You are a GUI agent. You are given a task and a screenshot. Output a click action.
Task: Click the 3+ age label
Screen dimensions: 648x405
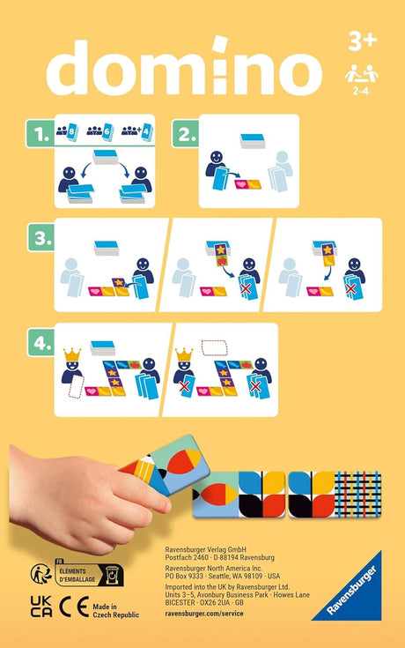[x=361, y=41]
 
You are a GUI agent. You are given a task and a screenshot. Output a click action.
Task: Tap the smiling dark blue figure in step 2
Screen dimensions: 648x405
[x=214, y=166]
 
